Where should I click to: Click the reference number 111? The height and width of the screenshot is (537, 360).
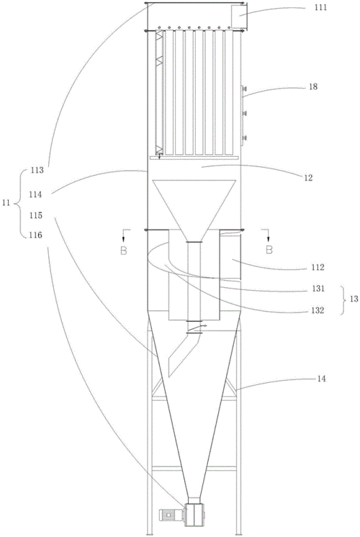point(320,7)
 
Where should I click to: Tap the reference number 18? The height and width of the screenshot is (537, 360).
point(313,86)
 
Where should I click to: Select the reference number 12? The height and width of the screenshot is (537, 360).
point(308,178)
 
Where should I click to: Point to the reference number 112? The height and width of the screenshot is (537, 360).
point(318,267)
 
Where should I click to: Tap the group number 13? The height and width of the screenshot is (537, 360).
point(354,299)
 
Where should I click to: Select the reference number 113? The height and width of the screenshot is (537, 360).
point(37,170)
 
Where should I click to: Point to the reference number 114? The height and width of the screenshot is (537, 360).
point(35,194)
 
